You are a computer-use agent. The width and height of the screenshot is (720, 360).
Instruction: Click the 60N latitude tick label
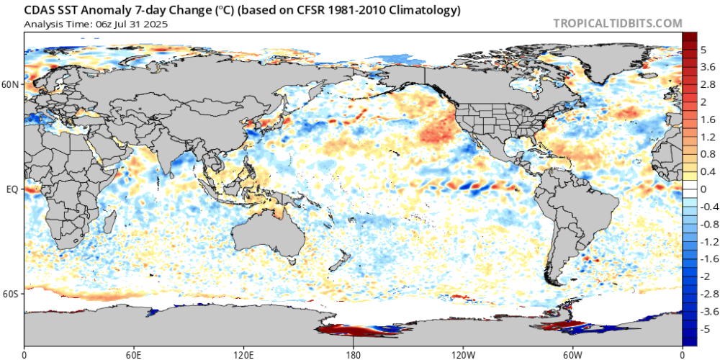coord(12,84)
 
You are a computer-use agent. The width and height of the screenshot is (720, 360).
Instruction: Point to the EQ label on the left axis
coord(12,189)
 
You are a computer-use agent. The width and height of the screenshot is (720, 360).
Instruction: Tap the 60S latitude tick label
coord(12,294)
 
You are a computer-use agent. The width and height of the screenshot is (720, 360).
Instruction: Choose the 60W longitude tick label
coord(572,354)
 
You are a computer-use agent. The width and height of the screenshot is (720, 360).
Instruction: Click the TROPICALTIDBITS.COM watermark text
coord(617,23)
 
